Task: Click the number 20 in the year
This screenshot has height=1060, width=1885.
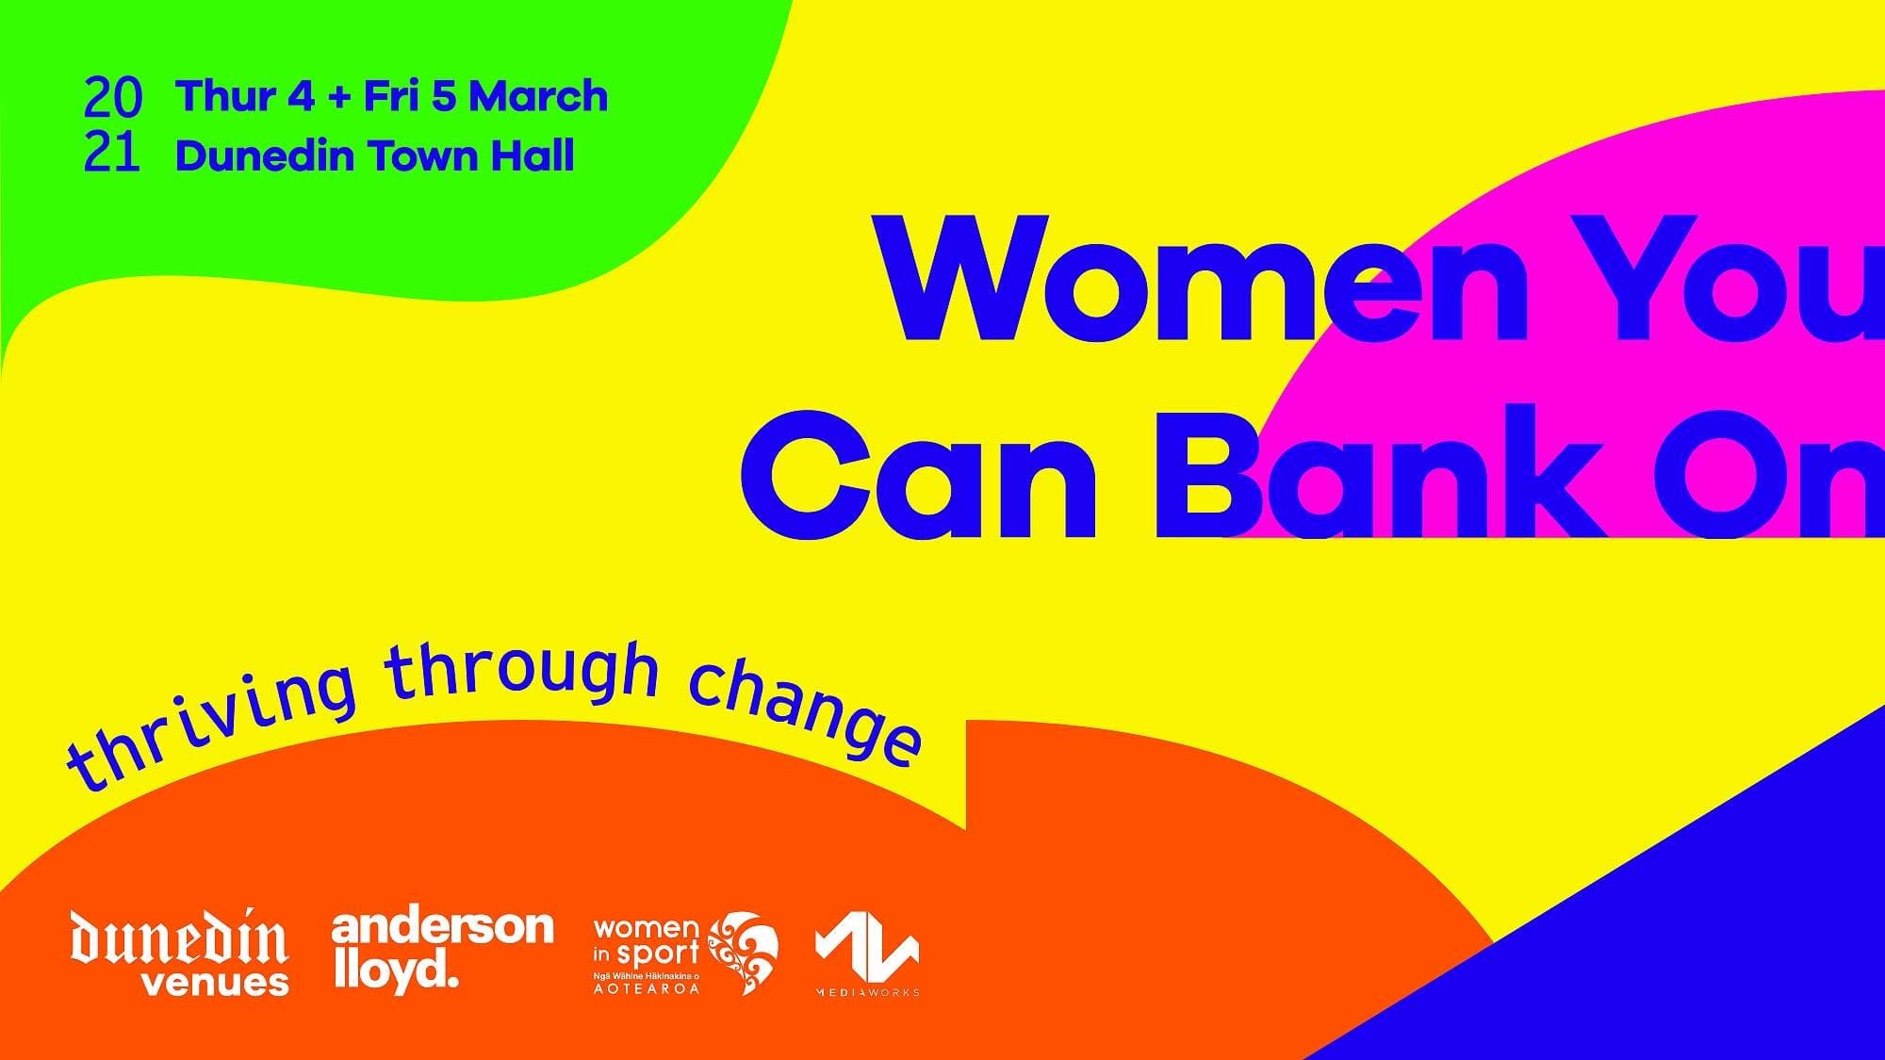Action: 113,98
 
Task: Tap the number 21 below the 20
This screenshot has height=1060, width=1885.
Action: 112,153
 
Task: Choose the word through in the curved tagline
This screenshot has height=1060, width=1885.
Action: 524,675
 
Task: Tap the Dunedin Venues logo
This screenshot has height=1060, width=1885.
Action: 180,952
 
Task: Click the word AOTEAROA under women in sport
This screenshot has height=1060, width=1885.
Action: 647,989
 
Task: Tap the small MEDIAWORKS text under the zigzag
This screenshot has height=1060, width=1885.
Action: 867,992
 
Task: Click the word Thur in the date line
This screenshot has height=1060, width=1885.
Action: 224,96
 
